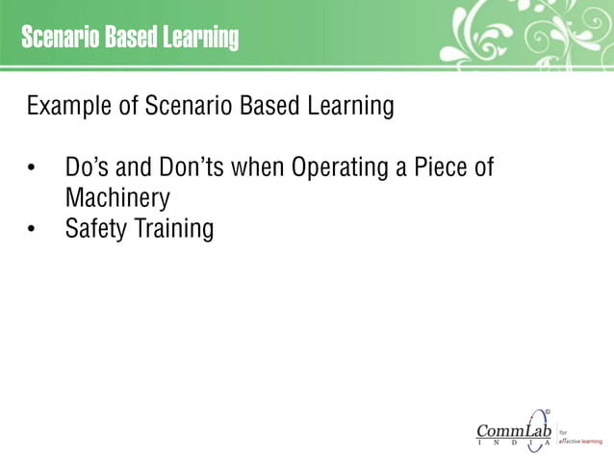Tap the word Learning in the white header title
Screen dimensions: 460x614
coord(199,39)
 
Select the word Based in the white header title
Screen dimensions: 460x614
coord(131,39)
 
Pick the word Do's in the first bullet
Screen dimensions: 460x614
coord(88,167)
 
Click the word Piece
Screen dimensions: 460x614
coord(440,167)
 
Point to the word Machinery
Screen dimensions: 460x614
coord(117,200)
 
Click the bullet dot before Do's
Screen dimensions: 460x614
coord(32,169)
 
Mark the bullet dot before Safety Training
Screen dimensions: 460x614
coord(32,232)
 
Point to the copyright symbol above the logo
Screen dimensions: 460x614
coord(548,413)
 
